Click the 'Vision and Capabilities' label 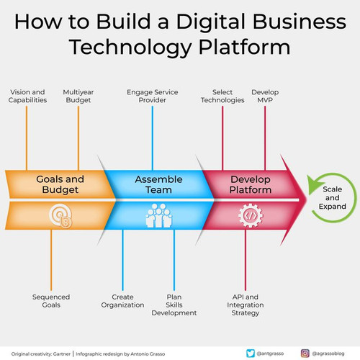[x=27, y=96]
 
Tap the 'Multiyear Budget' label [x=78, y=96]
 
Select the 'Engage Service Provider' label [x=153, y=96]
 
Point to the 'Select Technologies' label [x=222, y=96]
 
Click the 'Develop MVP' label [x=265, y=96]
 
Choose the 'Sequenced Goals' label [x=51, y=301]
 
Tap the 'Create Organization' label [x=122, y=301]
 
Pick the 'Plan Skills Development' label [x=174, y=305]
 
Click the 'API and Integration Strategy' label [x=246, y=305]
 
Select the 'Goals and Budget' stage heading [x=60, y=184]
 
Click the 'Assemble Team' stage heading [x=158, y=184]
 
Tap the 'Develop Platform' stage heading [x=251, y=184]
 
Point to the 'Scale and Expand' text [x=333, y=198]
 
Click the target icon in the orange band [x=60, y=216]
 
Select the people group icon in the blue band [x=158, y=215]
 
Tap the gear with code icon [x=251, y=215]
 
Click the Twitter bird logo [x=251, y=354]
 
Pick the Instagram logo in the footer [x=305, y=354]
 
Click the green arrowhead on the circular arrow [x=315, y=184]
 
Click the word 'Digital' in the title [x=210, y=22]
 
